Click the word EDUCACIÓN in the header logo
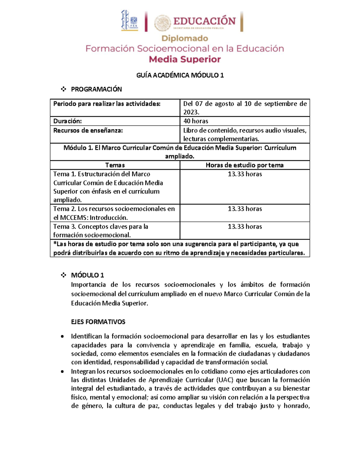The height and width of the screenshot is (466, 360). pyautogui.click(x=204, y=21)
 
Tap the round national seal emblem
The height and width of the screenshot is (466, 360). pyautogui.click(x=163, y=23)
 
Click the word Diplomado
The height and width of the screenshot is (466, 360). pyautogui.click(x=185, y=38)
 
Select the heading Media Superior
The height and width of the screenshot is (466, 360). pyautogui.click(x=185, y=59)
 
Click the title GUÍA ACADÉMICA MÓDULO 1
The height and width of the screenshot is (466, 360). pyautogui.click(x=180, y=75)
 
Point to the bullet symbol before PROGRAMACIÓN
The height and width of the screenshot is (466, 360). pyautogui.click(x=63, y=89)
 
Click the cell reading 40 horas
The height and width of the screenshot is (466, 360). pyautogui.click(x=196, y=121)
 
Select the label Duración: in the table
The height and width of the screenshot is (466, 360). pyautogui.click(x=67, y=121)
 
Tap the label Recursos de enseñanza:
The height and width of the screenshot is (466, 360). pyautogui.click(x=88, y=130)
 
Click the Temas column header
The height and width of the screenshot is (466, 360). pyautogui.click(x=115, y=165)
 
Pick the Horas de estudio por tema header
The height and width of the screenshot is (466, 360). pyautogui.click(x=244, y=165)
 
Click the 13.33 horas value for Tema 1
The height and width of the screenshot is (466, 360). pyautogui.click(x=244, y=174)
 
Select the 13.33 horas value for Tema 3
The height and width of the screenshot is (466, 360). pyautogui.click(x=244, y=227)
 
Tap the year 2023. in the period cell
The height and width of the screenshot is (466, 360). pyautogui.click(x=191, y=112)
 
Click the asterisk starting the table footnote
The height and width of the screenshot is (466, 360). pyautogui.click(x=55, y=244)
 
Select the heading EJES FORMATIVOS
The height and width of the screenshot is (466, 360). pyautogui.click(x=98, y=322)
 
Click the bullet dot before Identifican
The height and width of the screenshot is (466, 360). pyautogui.click(x=62, y=337)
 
